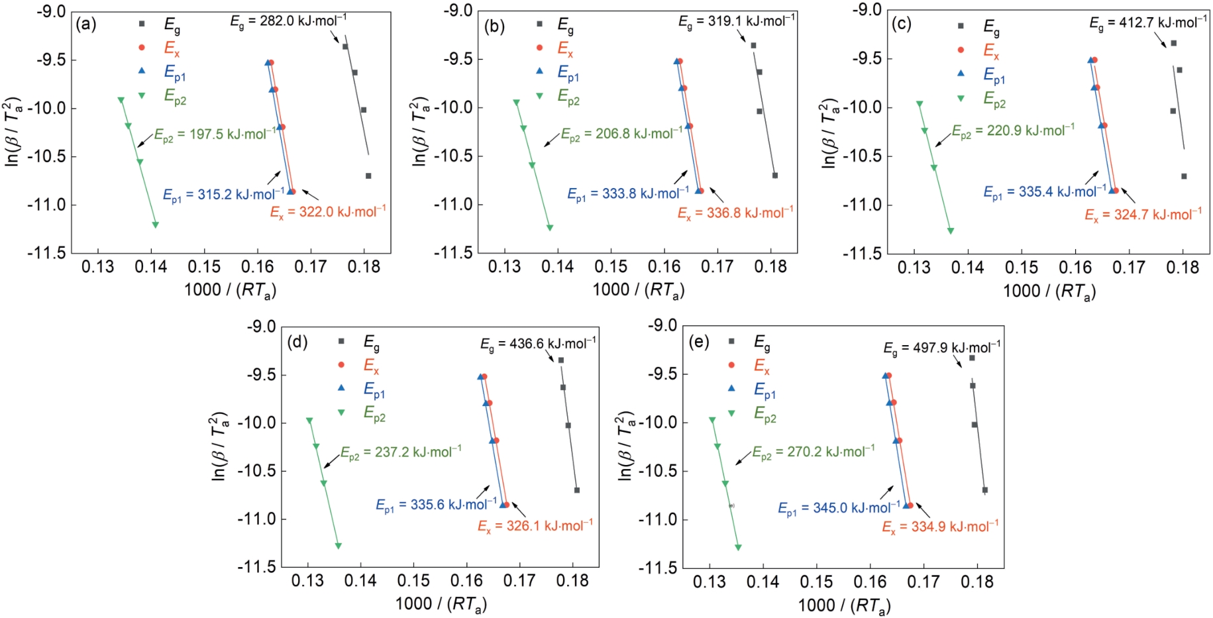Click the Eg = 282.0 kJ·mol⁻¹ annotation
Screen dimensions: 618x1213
pos(288,21)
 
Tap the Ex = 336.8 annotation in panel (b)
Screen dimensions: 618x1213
pos(735,213)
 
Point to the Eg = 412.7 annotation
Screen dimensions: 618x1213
pos(1147,23)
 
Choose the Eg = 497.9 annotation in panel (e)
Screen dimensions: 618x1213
pos(941,348)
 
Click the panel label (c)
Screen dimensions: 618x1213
pos(901,25)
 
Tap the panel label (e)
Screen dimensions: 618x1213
pos(698,342)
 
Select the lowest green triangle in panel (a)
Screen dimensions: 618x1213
pos(156,225)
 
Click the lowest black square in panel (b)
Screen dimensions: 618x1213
pos(774,176)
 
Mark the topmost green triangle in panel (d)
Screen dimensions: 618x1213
pos(309,421)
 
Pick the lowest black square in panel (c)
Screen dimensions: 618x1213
pos(1184,176)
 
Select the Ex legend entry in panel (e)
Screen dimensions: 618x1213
pos(761,366)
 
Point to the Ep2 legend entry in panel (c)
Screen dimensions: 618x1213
pos(994,100)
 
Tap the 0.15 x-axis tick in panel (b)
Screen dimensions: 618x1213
pos(611,267)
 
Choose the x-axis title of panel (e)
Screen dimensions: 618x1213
pos(843,605)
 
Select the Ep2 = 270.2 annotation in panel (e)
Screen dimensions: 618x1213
pos(813,452)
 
